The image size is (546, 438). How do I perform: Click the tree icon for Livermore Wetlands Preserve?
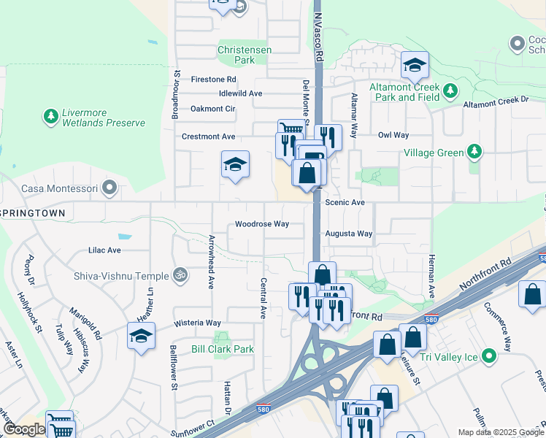click(x=50, y=116)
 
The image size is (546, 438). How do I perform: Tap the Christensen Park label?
click(x=245, y=55)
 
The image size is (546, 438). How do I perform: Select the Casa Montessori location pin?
click(x=109, y=188)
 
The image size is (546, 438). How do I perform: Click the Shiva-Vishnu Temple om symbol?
click(x=180, y=275)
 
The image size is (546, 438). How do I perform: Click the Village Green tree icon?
click(x=475, y=153)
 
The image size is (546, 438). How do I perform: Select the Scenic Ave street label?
click(x=345, y=201)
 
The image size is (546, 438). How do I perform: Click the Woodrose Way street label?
click(x=261, y=224)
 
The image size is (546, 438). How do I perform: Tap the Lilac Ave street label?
click(x=104, y=250)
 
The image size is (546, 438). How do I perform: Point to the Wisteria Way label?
click(x=197, y=323)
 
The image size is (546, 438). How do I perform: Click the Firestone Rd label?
click(x=213, y=79)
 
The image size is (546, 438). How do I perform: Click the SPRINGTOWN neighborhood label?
click(x=33, y=212)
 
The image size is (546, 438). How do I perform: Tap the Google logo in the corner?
click(x=23, y=429)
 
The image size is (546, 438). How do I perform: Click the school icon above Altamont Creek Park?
click(x=415, y=66)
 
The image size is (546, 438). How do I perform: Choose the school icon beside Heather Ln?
click(x=142, y=337)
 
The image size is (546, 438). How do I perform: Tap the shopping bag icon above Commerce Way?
click(x=532, y=294)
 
